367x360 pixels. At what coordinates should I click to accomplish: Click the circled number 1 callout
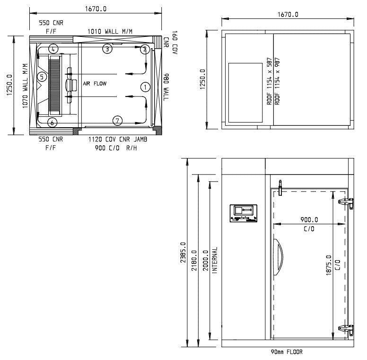pyautogui.click(x=145, y=87)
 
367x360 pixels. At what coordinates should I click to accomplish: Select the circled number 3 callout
pyautogui.click(x=108, y=49)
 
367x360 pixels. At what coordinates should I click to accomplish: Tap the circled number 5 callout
pyautogui.click(x=42, y=76)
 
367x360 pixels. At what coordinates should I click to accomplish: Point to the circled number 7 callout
pyautogui.click(x=118, y=121)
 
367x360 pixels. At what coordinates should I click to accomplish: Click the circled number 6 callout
pyautogui.click(x=52, y=123)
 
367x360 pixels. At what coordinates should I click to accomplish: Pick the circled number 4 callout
pyautogui.click(x=53, y=49)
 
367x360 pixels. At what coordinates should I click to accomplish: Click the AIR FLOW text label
pyautogui.click(x=95, y=83)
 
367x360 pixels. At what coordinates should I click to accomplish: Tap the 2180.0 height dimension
pyautogui.click(x=194, y=259)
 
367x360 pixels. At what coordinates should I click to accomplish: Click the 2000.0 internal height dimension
pyautogui.click(x=205, y=260)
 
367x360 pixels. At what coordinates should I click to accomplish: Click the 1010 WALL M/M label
pyautogui.click(x=110, y=31)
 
